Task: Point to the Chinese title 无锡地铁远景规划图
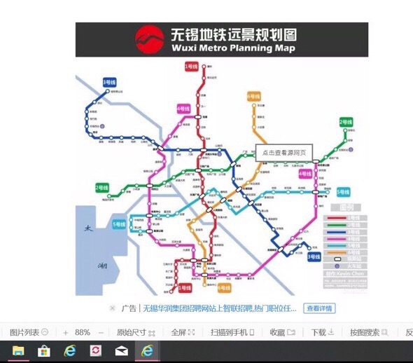coord(233,34)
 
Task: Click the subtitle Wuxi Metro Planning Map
coord(232,48)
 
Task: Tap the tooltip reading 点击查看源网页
coord(284,152)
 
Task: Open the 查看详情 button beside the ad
coord(320,308)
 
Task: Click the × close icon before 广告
coord(112,308)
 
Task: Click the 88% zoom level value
coord(83,332)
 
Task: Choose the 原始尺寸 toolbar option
coord(131,332)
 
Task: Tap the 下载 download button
coord(319,332)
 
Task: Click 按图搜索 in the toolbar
coord(365,332)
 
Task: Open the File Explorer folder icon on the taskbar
coord(18,351)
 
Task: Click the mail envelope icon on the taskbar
coord(121,351)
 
